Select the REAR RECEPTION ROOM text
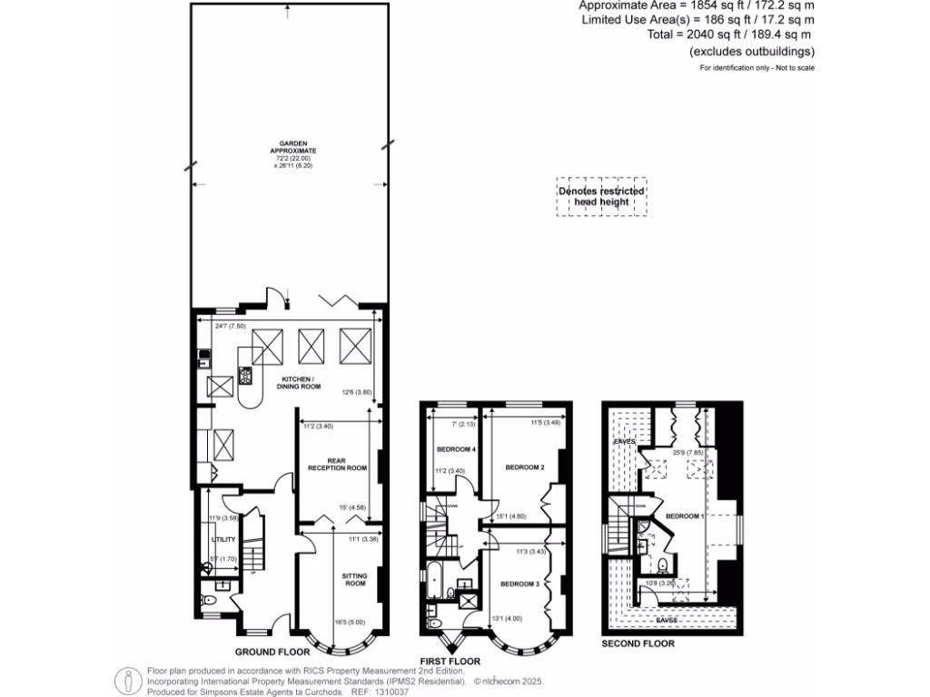337,465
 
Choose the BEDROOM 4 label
457,451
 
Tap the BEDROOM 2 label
524,467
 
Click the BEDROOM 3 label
521,584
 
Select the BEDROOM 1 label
685,515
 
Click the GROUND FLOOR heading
272,652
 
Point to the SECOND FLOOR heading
638,643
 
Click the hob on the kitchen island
244,371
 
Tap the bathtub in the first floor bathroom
435,581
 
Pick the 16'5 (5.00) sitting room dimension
367,623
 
